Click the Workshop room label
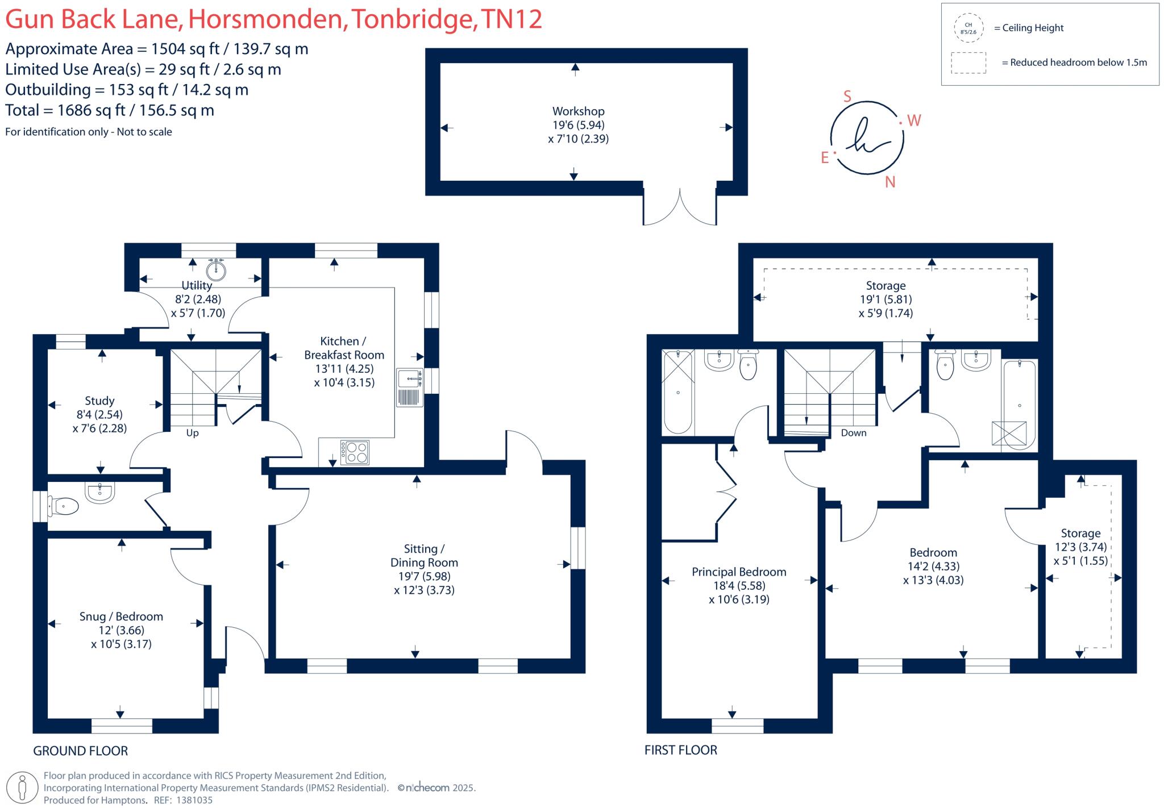click(578, 111)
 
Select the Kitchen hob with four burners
click(355, 452)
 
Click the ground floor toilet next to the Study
click(63, 506)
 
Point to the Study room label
click(99, 401)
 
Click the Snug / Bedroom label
click(121, 617)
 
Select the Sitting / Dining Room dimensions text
click(424, 583)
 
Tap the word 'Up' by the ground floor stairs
click(192, 433)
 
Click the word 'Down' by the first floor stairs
click(854, 433)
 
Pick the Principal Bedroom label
click(739, 572)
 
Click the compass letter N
click(890, 182)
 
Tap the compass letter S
click(847, 97)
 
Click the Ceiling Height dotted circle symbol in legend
click(968, 28)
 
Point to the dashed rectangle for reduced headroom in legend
click(968, 63)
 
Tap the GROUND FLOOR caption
click(81, 751)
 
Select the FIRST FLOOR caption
click(681, 750)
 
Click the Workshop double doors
click(680, 207)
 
